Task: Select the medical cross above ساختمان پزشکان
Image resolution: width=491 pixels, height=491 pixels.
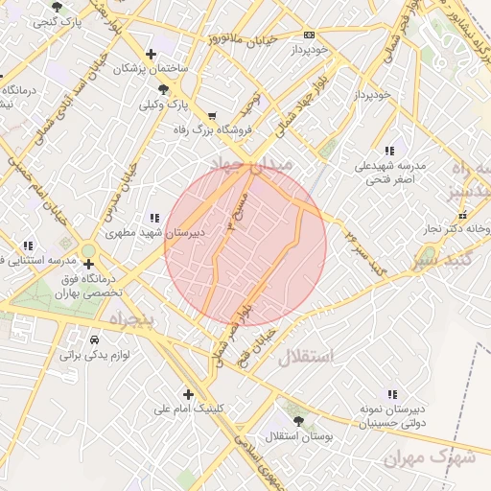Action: click(x=150, y=54)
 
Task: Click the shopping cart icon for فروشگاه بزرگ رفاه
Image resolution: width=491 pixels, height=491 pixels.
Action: click(x=212, y=115)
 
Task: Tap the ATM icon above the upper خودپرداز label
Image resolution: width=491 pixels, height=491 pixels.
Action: click(x=308, y=34)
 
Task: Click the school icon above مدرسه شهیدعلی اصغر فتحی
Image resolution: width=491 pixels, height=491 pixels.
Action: click(x=388, y=151)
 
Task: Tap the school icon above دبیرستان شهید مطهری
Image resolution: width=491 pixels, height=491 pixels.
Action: click(x=153, y=218)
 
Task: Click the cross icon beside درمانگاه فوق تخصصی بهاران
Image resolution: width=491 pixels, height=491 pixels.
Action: click(x=88, y=263)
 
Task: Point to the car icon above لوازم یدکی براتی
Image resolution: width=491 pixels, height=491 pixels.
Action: click(x=94, y=340)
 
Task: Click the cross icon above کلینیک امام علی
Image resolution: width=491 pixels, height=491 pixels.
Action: click(x=188, y=394)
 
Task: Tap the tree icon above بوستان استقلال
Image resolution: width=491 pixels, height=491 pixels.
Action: click(x=296, y=420)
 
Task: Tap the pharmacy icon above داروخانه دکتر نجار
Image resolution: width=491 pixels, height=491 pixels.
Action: click(x=479, y=215)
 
